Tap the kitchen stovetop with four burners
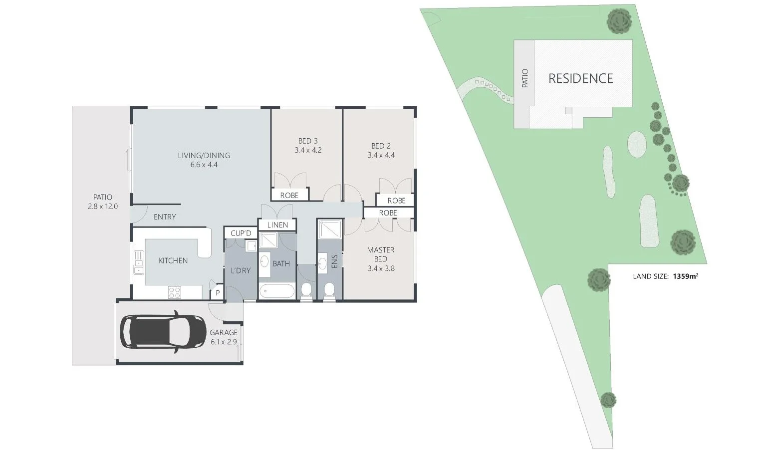coord(174,292)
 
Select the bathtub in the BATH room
coord(277,291)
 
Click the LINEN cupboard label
coord(277,225)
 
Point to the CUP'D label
coord(241,233)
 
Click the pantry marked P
coord(218,293)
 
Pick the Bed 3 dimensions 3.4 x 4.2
coord(308,150)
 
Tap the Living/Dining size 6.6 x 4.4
coord(204,165)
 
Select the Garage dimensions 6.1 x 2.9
coord(223,342)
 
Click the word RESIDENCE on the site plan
coord(580,78)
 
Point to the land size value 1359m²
coord(685,276)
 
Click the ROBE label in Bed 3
coord(289,195)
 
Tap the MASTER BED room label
coord(380,254)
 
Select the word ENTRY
coord(165,217)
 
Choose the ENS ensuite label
coord(334,261)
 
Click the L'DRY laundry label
coord(241,270)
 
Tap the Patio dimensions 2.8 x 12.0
coord(102,206)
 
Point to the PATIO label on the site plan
coord(524,78)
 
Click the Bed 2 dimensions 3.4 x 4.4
coord(381,155)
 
